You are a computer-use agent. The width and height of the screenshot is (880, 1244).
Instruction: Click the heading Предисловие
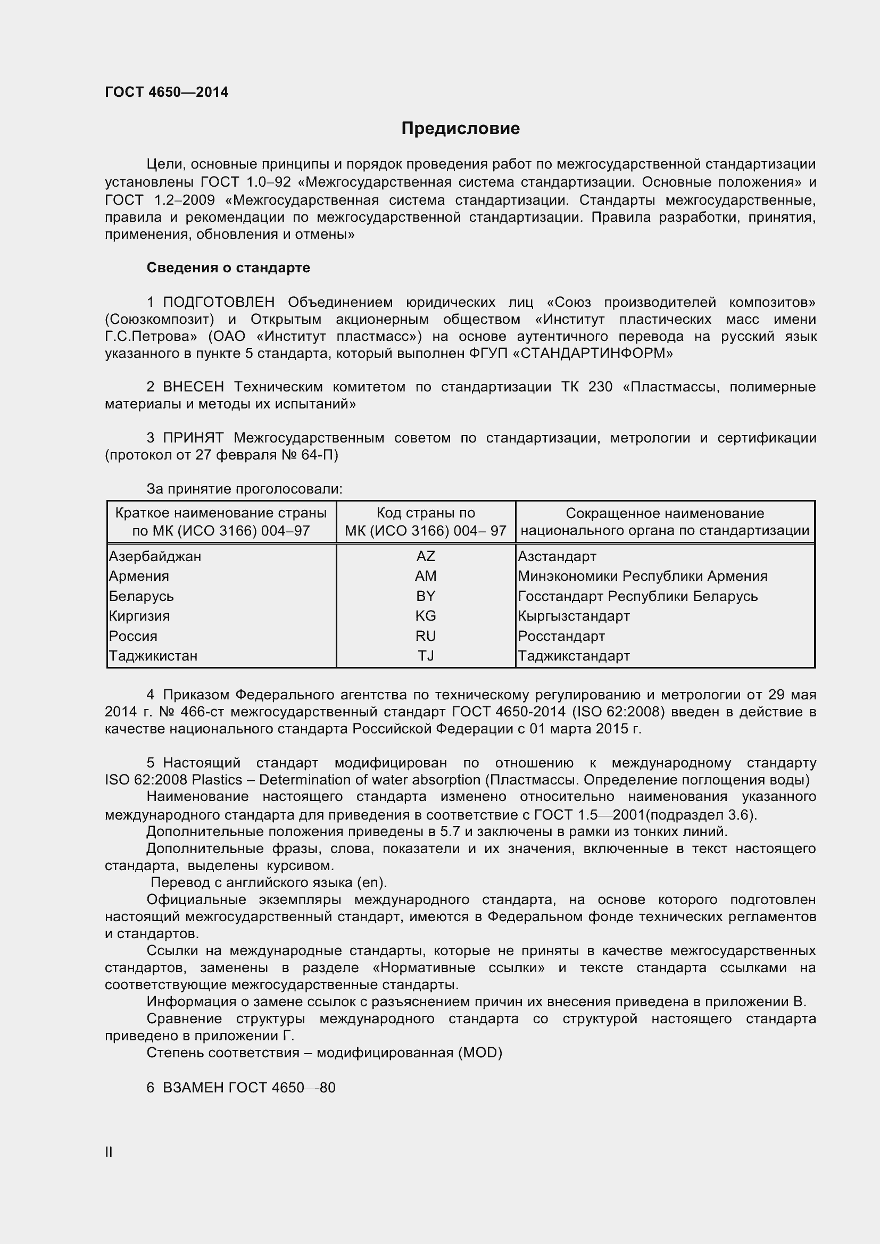coord(460,128)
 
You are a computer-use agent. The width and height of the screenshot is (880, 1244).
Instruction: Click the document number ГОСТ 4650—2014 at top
coord(167,92)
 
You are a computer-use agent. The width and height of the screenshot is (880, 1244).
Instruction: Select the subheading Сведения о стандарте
coord(228,268)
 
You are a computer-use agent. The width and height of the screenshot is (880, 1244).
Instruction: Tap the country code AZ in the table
coord(426,556)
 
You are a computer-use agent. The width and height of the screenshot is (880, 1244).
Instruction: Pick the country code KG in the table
coord(426,616)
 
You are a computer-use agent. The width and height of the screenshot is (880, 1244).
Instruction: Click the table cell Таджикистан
coord(153,656)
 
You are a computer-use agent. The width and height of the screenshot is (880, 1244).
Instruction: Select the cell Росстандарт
coord(561,636)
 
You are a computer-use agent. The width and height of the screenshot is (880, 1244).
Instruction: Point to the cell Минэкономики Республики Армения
coord(642,576)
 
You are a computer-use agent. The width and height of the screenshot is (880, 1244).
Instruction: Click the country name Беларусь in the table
coord(142,596)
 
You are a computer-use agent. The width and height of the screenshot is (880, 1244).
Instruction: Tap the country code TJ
coord(426,656)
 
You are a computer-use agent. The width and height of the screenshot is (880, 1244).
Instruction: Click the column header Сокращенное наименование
coord(665,513)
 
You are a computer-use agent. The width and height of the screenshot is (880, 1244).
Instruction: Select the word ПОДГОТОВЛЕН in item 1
coord(218,302)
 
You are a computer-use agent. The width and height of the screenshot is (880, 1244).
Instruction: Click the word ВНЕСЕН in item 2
coord(193,387)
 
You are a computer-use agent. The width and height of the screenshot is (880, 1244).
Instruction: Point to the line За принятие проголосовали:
coord(244,489)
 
